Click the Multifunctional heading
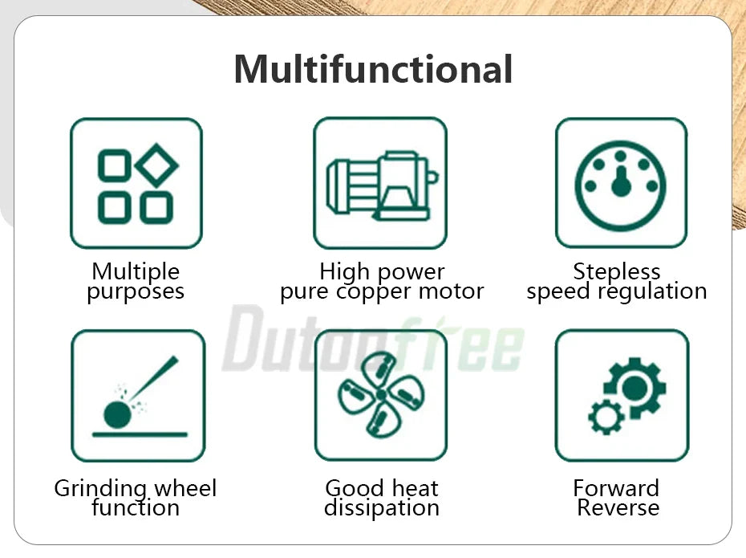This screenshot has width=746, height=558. click(x=374, y=70)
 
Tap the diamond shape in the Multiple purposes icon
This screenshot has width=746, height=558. click(x=156, y=165)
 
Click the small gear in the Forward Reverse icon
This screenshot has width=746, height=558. click(x=606, y=417)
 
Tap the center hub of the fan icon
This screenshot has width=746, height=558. click(x=381, y=394)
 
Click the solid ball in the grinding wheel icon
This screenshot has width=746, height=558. click(x=117, y=415)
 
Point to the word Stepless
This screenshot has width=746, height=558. click(x=617, y=271)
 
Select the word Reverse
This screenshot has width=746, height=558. click(x=618, y=507)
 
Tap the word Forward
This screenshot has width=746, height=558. click(x=616, y=488)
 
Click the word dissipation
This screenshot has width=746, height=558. click(x=382, y=507)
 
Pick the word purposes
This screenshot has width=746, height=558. click(x=136, y=292)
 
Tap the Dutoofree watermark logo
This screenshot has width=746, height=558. click(x=373, y=339)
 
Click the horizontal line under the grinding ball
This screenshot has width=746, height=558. click(x=140, y=434)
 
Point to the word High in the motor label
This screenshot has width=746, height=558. click(x=344, y=272)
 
